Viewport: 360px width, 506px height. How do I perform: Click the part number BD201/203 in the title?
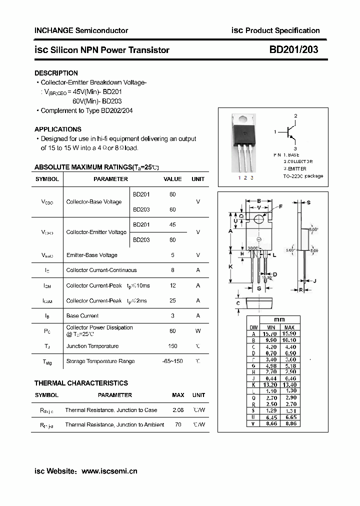tap(293, 49)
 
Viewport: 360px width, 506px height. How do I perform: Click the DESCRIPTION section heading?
tap(56, 73)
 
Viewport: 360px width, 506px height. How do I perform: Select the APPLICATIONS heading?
tap(57, 129)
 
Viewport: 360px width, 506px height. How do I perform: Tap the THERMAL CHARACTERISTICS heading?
tap(81, 383)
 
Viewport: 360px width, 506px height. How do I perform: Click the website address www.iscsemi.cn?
tap(109, 470)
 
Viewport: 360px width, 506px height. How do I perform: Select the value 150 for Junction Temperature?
tap(172, 346)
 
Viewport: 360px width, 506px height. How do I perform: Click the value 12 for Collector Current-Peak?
tap(172, 285)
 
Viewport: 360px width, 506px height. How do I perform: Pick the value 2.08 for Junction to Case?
tap(177, 410)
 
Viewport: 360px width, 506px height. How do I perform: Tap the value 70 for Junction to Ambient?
tap(177, 424)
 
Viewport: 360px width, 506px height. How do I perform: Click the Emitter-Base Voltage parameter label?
tap(91, 255)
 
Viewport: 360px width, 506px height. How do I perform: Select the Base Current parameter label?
tap(82, 315)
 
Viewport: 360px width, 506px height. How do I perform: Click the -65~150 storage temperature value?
tap(172, 361)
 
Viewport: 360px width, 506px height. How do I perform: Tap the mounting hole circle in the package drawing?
tap(258, 219)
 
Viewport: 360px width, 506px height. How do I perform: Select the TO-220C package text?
tap(303, 176)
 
